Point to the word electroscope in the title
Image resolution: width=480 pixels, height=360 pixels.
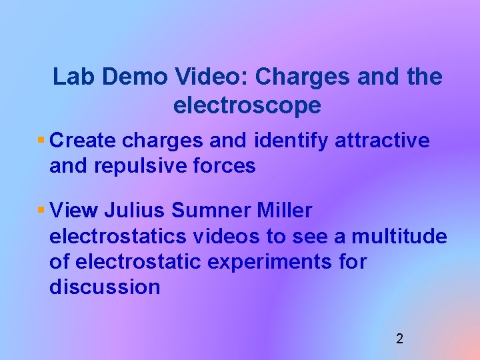coord(247,105)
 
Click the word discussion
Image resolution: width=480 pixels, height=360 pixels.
coord(105,287)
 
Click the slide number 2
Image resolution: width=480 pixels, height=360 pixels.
coord(399,339)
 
